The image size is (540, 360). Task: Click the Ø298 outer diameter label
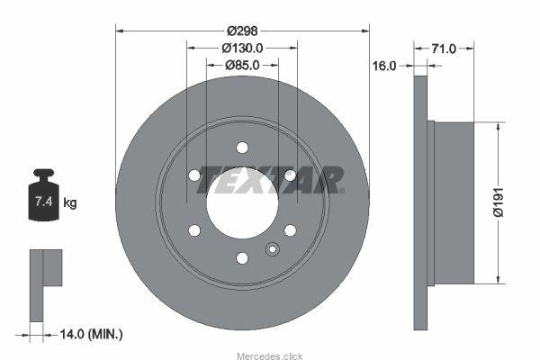(242, 31)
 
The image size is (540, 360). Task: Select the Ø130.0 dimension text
(242, 48)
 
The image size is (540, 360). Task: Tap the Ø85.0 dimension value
(242, 65)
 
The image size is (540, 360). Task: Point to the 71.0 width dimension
(444, 49)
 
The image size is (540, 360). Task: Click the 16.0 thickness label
(384, 66)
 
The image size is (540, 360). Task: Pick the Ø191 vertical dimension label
(499, 202)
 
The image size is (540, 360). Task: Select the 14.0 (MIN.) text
(91, 334)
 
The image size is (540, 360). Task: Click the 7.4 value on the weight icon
(44, 202)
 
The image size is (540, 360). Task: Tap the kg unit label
(70, 202)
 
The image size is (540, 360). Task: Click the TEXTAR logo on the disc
(270, 180)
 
